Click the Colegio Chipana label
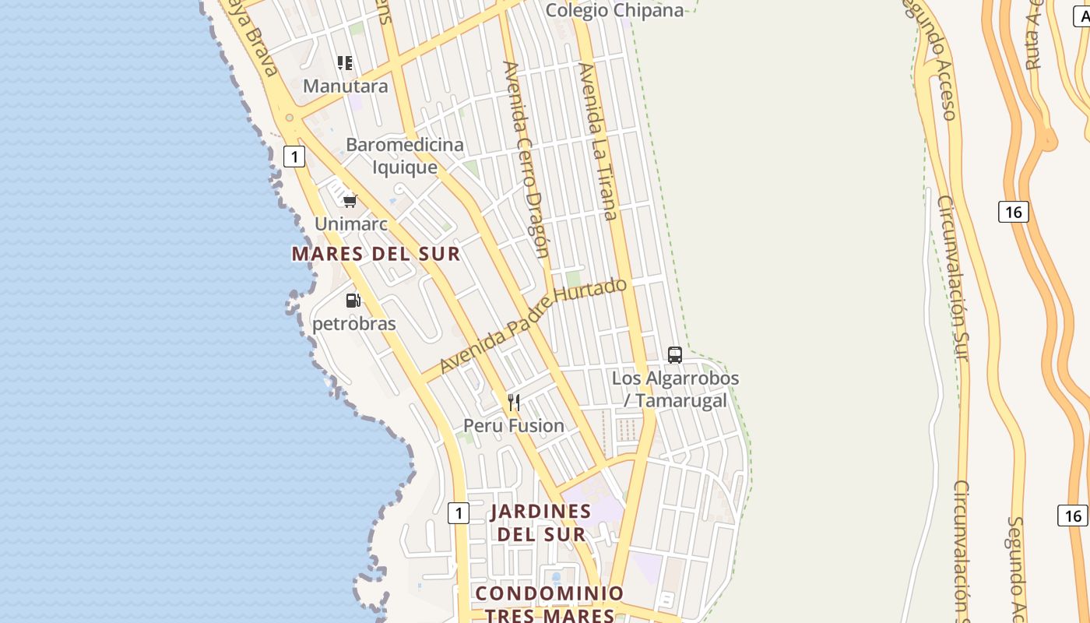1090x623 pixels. coord(614,10)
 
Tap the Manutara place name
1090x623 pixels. coord(345,86)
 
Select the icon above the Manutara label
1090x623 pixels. coord(345,63)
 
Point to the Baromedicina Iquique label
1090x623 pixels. coord(404,156)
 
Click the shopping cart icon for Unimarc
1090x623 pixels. coord(350,201)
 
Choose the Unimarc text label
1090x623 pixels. coord(350,224)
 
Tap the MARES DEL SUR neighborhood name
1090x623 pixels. coord(376,254)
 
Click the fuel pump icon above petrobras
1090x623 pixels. coord(353,300)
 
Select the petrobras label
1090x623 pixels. coord(354,323)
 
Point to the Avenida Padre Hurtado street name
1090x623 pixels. coord(533,325)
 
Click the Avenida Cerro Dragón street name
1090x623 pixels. coord(527,160)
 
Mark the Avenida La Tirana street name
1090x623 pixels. coord(598,142)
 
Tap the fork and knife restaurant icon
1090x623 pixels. coord(514,403)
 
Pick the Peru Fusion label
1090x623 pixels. coord(514,426)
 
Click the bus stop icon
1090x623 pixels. coord(675,355)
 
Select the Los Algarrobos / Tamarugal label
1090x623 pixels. coord(675,389)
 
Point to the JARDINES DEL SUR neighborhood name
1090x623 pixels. coord(541,523)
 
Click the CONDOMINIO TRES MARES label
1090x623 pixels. coord(550,604)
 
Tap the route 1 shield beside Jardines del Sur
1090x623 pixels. coord(459,513)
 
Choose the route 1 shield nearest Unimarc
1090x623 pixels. coord(294,157)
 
